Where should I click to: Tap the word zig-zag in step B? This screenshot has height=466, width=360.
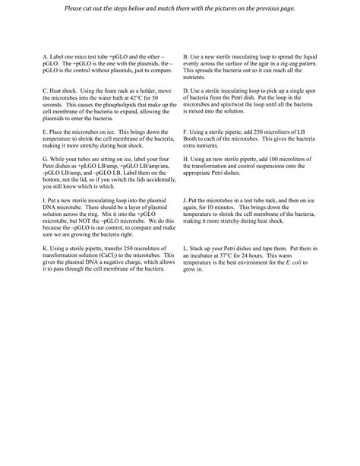(295, 63)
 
